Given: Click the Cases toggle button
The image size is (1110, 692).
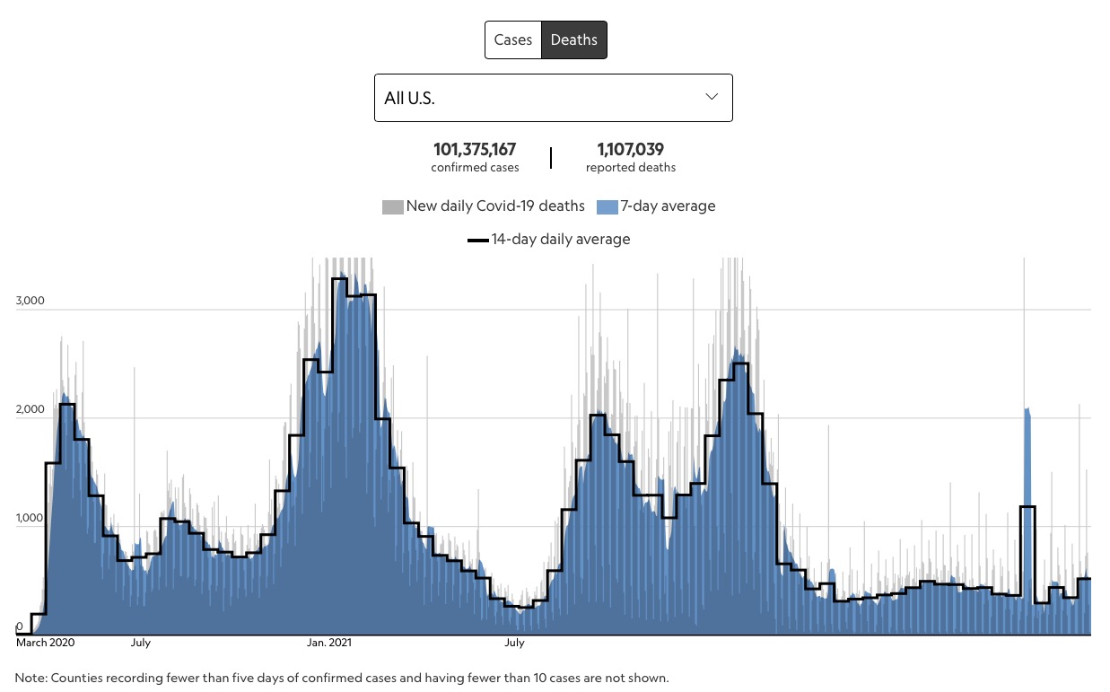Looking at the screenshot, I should (513, 40).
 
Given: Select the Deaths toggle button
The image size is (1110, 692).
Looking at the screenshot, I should (574, 40).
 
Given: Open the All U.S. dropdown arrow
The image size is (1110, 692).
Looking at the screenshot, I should (712, 97).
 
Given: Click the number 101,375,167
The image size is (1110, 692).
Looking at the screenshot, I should (475, 150).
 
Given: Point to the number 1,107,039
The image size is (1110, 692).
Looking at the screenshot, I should (631, 150).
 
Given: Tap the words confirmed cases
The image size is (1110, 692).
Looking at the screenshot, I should (475, 168).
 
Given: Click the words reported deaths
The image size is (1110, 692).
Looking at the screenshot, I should (631, 168).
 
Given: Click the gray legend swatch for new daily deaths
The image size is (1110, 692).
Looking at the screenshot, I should (392, 207).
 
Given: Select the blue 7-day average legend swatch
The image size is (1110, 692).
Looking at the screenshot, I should (607, 207).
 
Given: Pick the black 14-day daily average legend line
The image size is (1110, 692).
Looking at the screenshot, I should (477, 241).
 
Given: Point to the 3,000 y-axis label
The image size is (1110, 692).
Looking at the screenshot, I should (31, 302).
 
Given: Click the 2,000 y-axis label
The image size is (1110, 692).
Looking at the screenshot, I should (31, 410).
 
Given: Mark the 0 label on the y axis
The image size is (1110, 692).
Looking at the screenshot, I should (20, 626).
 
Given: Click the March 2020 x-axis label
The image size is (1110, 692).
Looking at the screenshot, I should (45, 643).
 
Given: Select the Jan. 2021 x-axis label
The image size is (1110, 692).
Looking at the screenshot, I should (328, 643).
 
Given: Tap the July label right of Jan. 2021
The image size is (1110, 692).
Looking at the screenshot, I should (514, 643).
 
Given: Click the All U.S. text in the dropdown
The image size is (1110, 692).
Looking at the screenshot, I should (409, 98).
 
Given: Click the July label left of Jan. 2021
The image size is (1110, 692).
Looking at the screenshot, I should (140, 643).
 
